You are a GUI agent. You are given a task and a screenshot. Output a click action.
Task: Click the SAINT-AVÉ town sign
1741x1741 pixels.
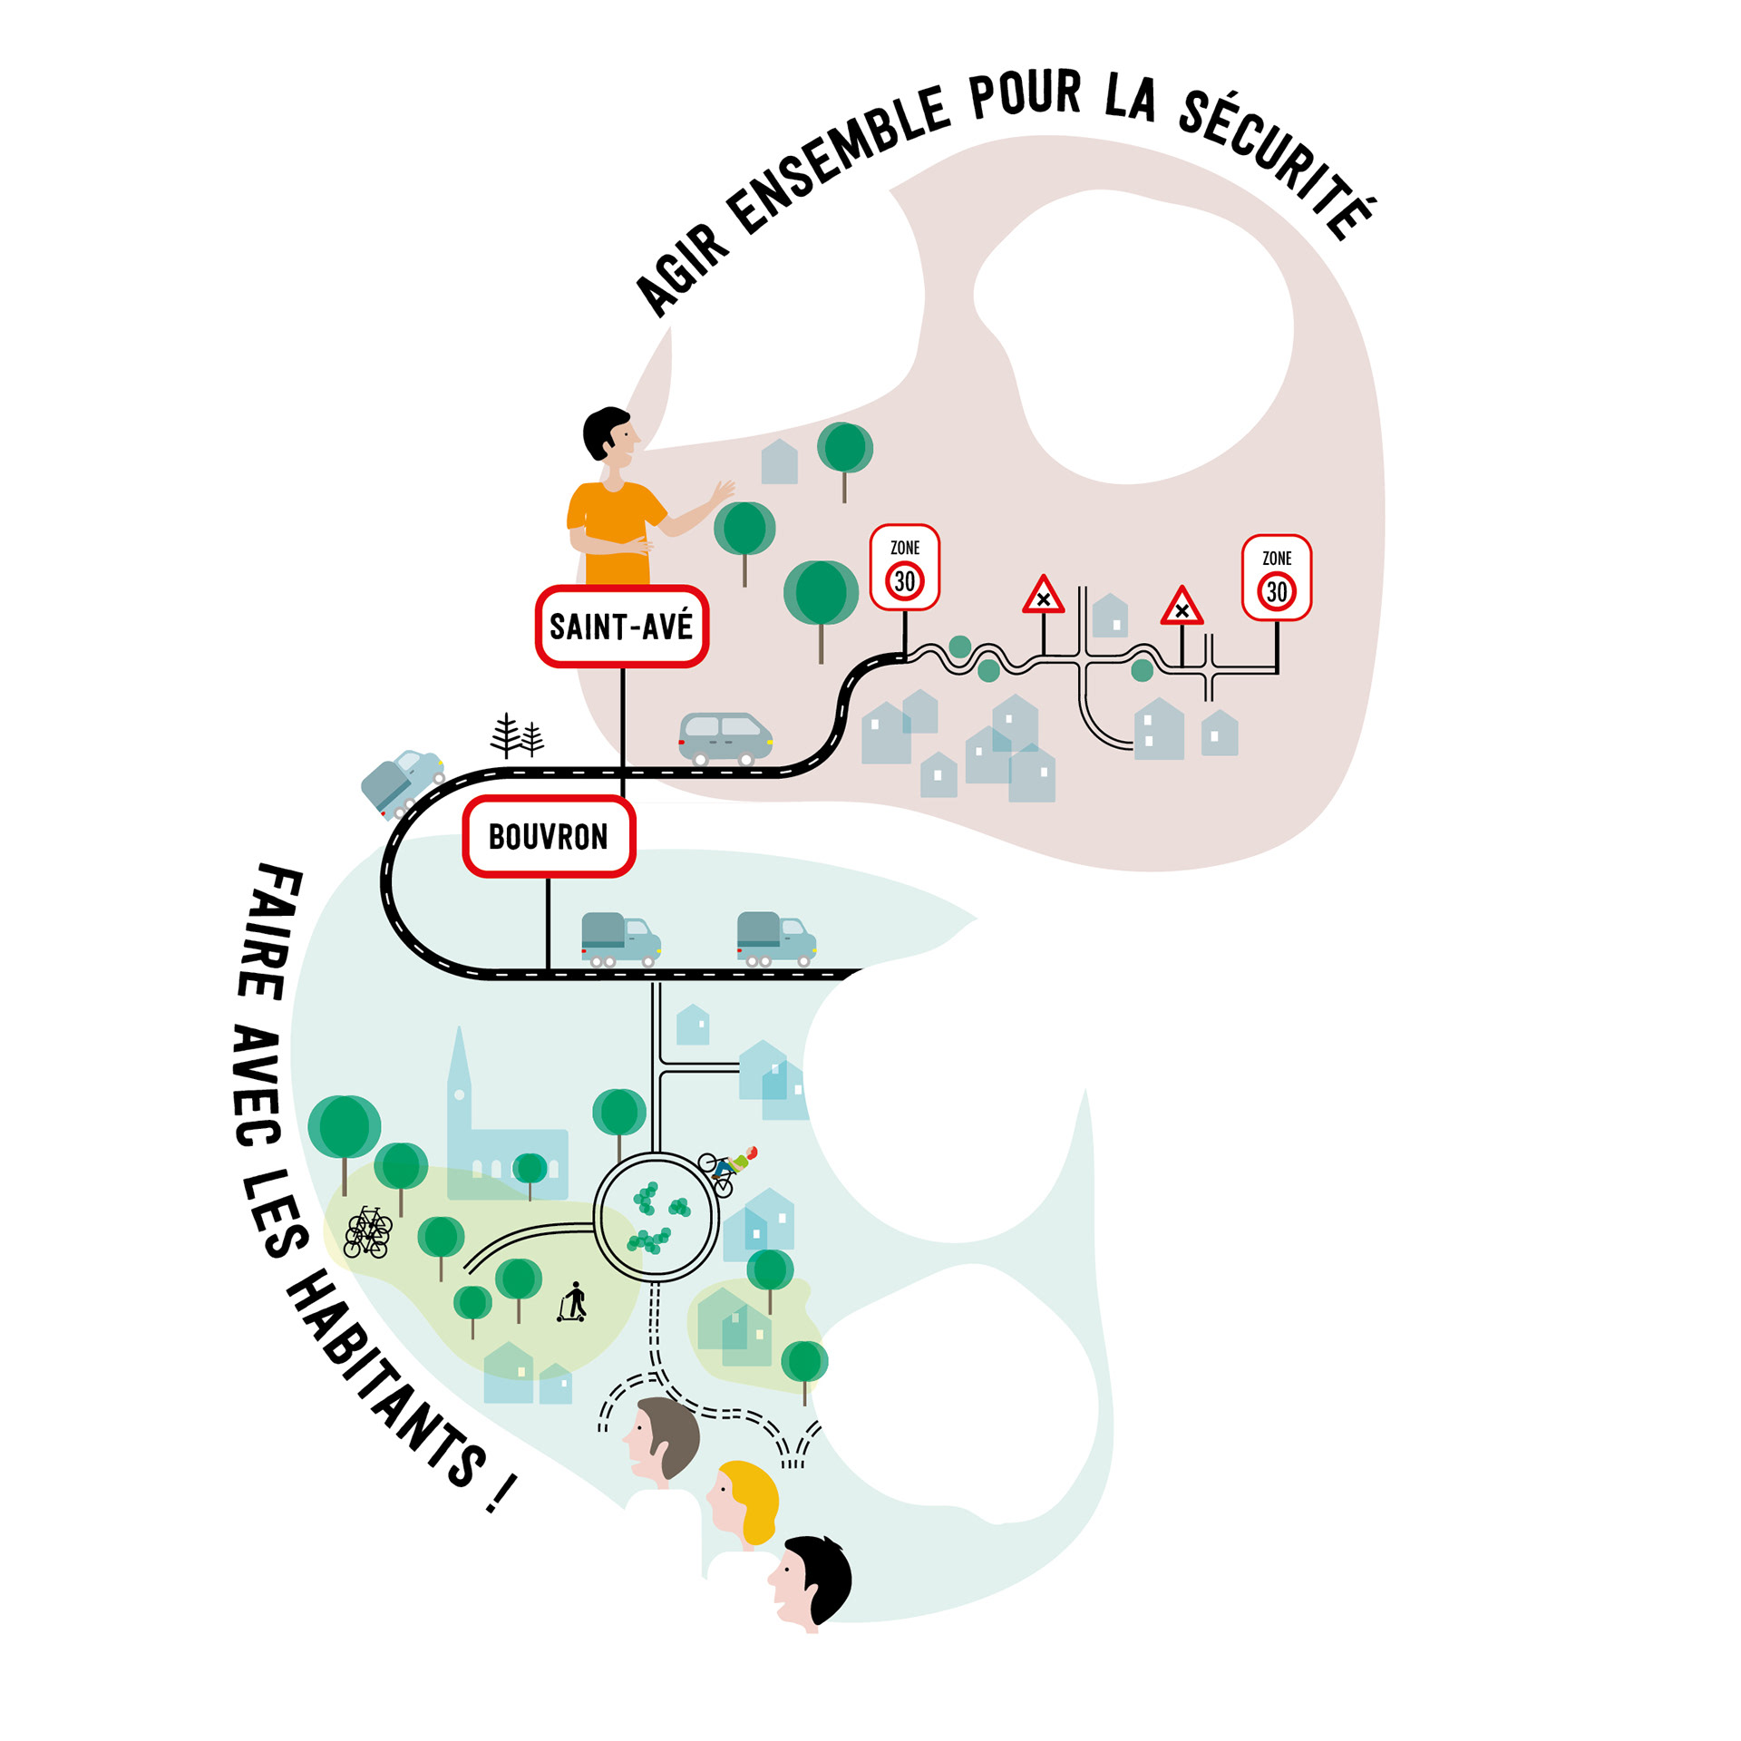[x=621, y=627]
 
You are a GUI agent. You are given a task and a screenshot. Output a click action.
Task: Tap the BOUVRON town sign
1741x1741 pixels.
[x=549, y=836]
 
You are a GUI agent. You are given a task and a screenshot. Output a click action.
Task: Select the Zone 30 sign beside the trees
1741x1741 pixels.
[x=904, y=568]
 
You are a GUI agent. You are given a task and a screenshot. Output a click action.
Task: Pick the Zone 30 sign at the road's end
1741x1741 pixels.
[x=1276, y=579]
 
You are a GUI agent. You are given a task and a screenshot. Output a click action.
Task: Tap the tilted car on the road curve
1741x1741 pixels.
[x=402, y=782]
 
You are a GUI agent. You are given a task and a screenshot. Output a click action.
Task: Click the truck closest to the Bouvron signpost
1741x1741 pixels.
[x=620, y=939]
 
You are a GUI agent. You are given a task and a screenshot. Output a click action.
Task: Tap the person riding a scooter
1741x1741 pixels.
[x=573, y=1302]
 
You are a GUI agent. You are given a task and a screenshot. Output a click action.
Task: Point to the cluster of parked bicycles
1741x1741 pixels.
[x=367, y=1233]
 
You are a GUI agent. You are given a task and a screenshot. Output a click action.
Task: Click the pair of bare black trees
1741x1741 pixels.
[x=517, y=735]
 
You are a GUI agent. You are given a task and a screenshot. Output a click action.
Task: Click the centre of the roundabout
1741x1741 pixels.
[x=657, y=1216]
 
